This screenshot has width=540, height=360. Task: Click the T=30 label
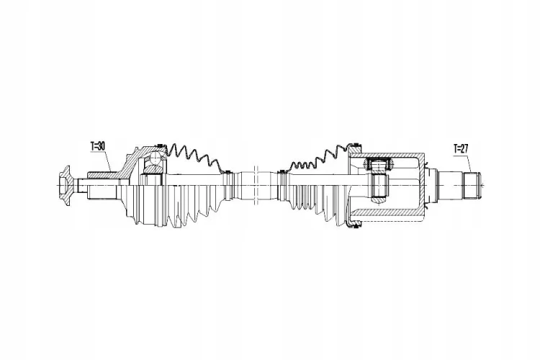(x=98, y=146)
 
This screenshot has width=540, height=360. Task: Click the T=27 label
(x=461, y=149)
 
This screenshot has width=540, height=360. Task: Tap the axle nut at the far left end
(x=64, y=186)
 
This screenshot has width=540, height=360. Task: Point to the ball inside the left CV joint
(x=156, y=158)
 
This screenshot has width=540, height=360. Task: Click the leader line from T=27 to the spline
(x=469, y=163)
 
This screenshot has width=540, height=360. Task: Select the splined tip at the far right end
(x=472, y=186)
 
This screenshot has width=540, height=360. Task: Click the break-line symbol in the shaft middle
(x=255, y=185)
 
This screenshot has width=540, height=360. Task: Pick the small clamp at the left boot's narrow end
(x=227, y=185)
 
